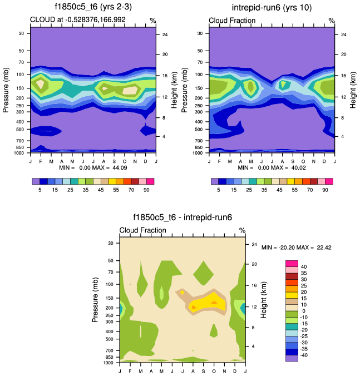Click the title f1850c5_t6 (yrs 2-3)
pyautogui.click(x=93, y=7)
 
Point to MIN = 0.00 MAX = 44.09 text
pyautogui.click(x=93, y=167)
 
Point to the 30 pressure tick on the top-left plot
pyautogui.click(x=22, y=33)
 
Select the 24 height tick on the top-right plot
pyautogui.click(x=343, y=34)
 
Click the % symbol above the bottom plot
pyautogui.click(x=242, y=230)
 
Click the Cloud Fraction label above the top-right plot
pyautogui.click(x=232, y=21)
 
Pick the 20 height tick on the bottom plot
pyautogui.click(x=253, y=264)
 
